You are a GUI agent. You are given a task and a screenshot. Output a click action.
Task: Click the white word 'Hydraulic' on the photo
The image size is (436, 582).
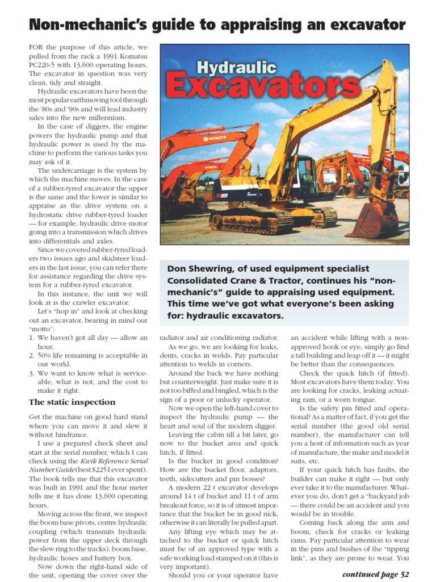[x=236, y=68]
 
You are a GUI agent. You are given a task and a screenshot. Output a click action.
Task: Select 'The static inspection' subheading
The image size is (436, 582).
[x=72, y=402]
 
